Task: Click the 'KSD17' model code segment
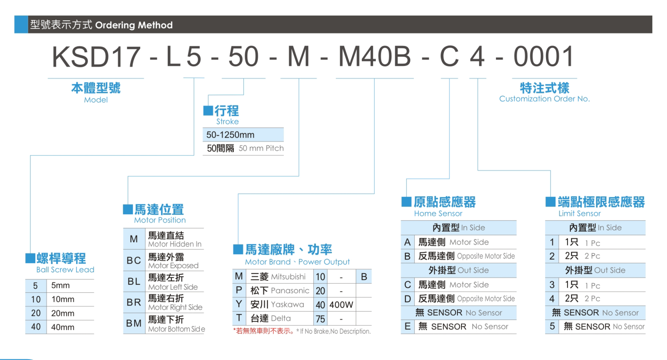point(96,57)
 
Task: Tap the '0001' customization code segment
point(544,57)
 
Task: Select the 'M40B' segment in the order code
point(375,57)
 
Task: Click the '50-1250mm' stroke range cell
point(230,135)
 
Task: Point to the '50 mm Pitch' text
point(261,148)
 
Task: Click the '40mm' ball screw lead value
point(63,327)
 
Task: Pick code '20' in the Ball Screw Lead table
point(36,313)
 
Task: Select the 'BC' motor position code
point(134,260)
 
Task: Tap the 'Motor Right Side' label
point(175,307)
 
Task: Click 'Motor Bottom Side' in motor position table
point(176,329)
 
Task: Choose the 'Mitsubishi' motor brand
point(288,277)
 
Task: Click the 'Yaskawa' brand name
point(287,304)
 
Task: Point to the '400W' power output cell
point(341,305)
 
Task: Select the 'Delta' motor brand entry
point(280,318)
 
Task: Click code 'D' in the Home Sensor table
point(407,299)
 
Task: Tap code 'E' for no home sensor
point(407,326)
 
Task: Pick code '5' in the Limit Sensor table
point(552,326)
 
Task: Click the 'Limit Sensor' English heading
point(580,213)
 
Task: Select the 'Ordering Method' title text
point(134,25)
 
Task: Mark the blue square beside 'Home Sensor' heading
point(406,202)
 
